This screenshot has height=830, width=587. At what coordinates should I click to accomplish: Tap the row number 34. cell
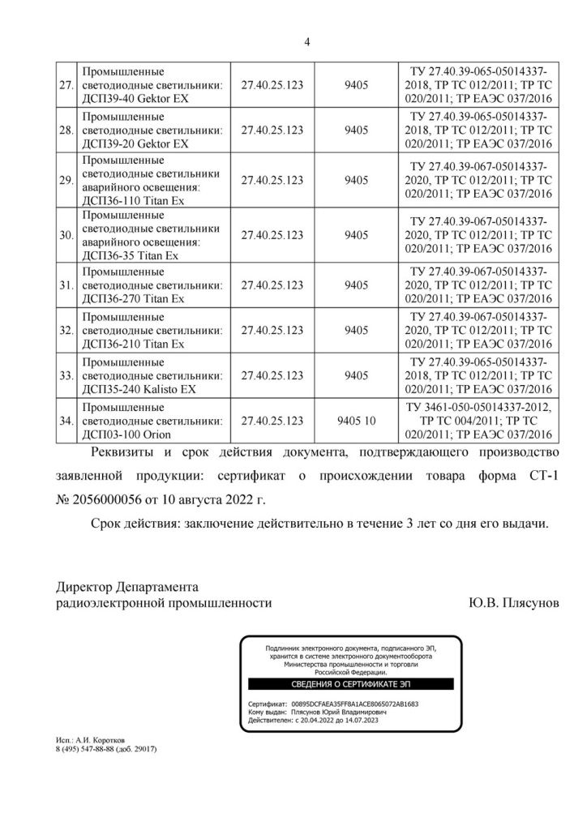(66, 421)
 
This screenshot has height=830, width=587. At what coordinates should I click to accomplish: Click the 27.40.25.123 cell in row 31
(272, 285)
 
